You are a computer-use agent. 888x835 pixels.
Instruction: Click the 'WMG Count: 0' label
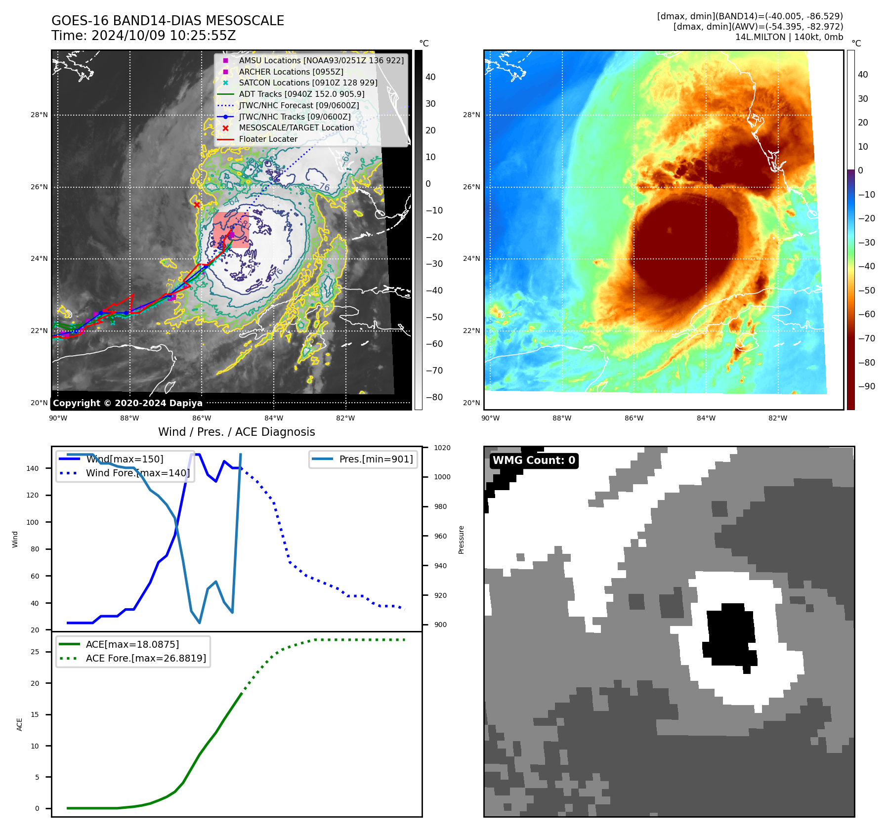[x=534, y=460]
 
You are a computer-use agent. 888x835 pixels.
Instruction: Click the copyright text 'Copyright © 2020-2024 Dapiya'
[x=127, y=403]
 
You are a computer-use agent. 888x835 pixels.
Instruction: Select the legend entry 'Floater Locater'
[x=268, y=139]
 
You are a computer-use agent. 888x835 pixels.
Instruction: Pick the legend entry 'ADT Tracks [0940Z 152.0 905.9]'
[x=301, y=94]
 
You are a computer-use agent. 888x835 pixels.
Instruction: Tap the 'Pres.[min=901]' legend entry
[x=376, y=459]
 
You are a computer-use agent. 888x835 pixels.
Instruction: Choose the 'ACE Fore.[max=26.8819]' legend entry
[x=146, y=658]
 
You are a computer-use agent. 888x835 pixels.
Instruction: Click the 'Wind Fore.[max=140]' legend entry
[x=137, y=473]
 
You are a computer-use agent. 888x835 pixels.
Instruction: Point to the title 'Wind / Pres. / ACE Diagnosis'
[x=236, y=432]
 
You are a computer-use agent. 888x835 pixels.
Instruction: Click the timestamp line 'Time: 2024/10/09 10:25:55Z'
[x=143, y=36]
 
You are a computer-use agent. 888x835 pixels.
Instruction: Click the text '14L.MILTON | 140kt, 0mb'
[x=789, y=37]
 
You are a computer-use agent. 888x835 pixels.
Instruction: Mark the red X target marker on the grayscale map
[x=197, y=205]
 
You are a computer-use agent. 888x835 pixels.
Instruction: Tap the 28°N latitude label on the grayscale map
[x=39, y=115]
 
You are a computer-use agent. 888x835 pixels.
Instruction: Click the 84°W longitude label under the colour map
[x=706, y=418]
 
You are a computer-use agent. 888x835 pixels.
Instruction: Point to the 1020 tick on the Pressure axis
[x=442, y=448]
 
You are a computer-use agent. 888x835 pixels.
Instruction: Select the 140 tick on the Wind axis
[x=32, y=468]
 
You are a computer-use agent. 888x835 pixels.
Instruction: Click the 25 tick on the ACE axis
[x=35, y=652]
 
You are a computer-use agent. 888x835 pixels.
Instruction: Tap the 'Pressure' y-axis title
[x=461, y=540]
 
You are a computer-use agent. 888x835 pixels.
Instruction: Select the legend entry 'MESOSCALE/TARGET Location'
[x=296, y=128]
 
